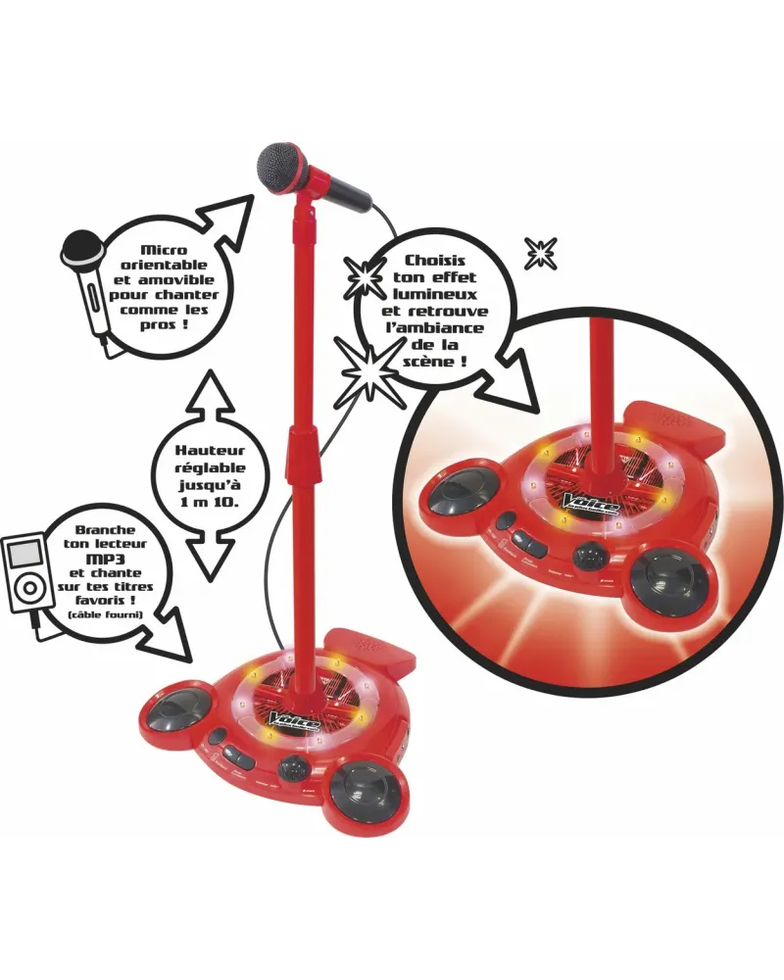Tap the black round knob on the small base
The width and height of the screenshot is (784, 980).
pos(292,768)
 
